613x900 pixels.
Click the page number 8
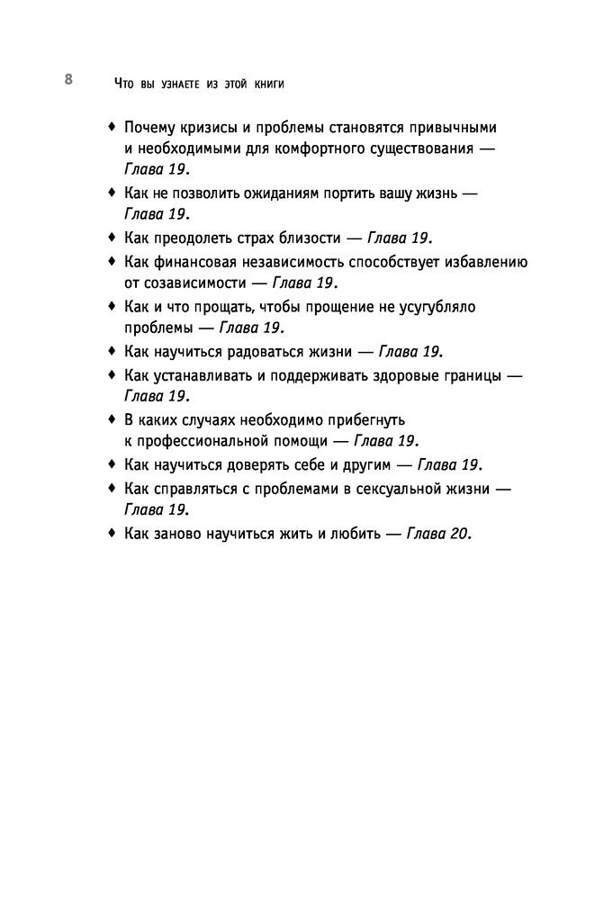point(68,79)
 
